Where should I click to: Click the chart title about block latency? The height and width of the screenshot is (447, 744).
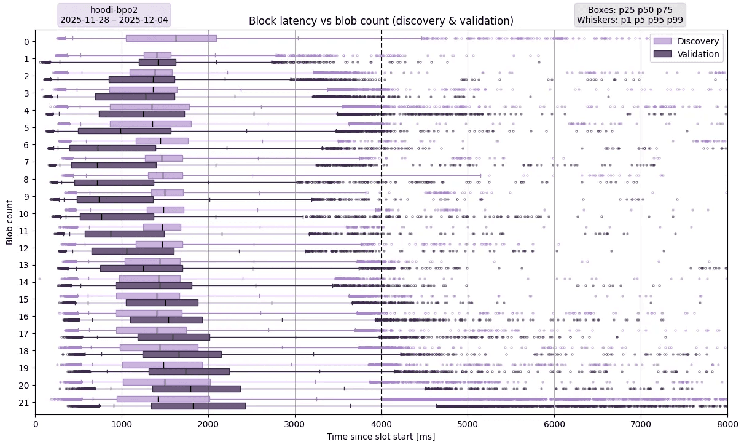click(381, 21)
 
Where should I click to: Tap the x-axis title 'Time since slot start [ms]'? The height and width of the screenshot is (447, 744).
click(381, 437)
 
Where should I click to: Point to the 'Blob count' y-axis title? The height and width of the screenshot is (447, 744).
click(10, 221)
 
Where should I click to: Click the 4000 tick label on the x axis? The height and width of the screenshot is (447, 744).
click(382, 424)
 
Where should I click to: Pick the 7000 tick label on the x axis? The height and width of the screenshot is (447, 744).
click(641, 424)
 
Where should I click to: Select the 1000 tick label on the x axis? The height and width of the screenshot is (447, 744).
click(122, 424)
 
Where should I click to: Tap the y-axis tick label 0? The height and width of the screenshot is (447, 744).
click(26, 42)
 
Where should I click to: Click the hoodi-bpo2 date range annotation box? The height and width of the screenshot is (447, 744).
click(114, 15)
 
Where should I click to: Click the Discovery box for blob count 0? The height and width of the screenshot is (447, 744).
click(171, 38)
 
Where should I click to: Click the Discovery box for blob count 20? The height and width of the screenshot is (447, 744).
click(166, 382)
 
